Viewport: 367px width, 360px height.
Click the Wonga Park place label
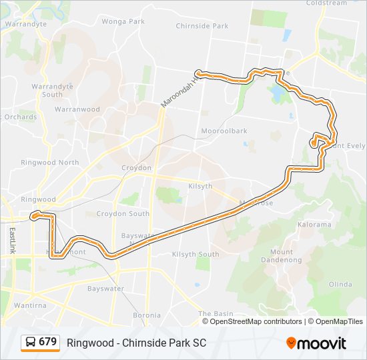point(123,21)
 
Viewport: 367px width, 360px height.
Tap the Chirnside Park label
point(202,26)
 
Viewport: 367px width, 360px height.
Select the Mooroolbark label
point(224,131)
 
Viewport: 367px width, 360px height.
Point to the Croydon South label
point(123,214)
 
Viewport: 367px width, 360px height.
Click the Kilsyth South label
point(196,255)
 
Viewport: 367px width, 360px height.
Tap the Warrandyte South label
point(47,91)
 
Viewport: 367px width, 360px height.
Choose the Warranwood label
point(77,109)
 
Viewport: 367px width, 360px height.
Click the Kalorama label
point(315,225)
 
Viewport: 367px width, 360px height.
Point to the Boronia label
point(146,315)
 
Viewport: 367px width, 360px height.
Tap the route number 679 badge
point(47,342)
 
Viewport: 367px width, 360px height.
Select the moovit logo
point(316,343)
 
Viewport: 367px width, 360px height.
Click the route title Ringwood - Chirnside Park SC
point(136,343)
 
